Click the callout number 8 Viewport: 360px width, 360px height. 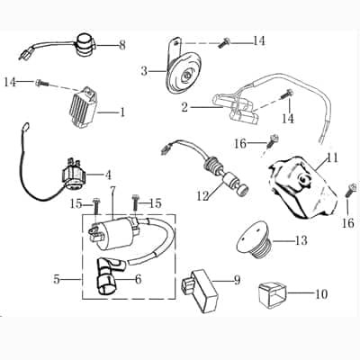122,46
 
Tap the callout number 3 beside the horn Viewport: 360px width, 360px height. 144,71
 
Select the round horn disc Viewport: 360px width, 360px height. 184,73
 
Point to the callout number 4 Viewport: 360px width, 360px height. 108,175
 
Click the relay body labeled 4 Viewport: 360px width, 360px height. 73,176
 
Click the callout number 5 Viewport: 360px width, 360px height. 57,280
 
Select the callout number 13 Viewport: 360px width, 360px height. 301,240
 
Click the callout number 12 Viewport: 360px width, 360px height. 202,196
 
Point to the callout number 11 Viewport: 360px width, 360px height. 332,158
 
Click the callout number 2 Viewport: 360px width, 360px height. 184,107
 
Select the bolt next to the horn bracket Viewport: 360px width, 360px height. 223,43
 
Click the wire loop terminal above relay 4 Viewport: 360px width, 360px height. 25,126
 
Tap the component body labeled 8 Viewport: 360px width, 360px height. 85,46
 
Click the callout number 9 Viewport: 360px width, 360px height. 237,280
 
